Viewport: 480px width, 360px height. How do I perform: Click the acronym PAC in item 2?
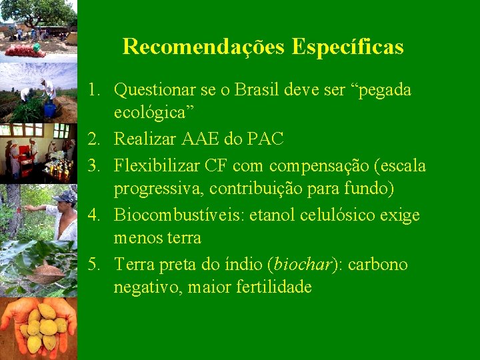coord(266,139)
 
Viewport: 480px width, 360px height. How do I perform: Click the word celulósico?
coord(347,215)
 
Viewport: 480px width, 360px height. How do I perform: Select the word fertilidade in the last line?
coord(272,287)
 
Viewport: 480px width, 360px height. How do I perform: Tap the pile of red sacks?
coord(25,50)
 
